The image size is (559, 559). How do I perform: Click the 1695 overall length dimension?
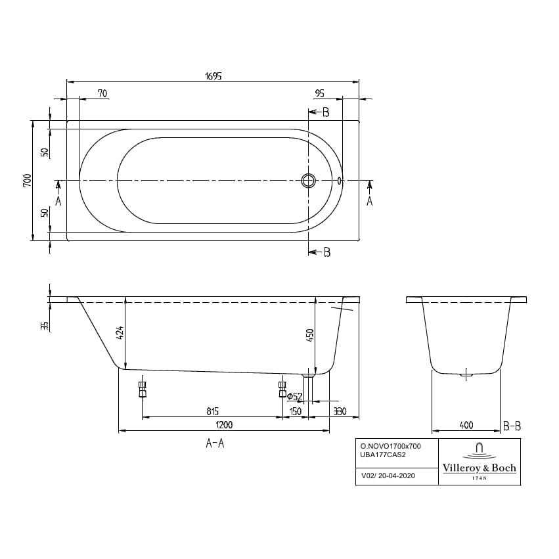coord(212,76)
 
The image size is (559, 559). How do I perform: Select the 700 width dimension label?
coord(27,181)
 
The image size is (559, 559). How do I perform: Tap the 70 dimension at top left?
coord(102,94)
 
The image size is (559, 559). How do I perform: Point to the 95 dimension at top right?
coord(320,94)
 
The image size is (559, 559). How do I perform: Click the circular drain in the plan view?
coord(308,181)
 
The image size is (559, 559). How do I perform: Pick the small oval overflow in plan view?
coord(340,181)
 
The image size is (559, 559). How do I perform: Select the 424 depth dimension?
coord(120,333)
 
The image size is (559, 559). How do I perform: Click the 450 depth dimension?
coord(310,335)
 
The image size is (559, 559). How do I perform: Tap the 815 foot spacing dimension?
coord(212,412)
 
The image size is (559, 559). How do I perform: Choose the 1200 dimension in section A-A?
coord(224,425)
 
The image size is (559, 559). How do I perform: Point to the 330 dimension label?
coord(340,412)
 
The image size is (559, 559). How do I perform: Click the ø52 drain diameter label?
coord(295,396)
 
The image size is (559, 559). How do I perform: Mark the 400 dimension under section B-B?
coord(466,426)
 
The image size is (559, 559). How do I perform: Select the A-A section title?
coord(215,444)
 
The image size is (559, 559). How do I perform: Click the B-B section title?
coord(512,426)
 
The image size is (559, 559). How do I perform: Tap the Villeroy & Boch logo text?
coord(479,468)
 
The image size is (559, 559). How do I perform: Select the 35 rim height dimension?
coord(45,325)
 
